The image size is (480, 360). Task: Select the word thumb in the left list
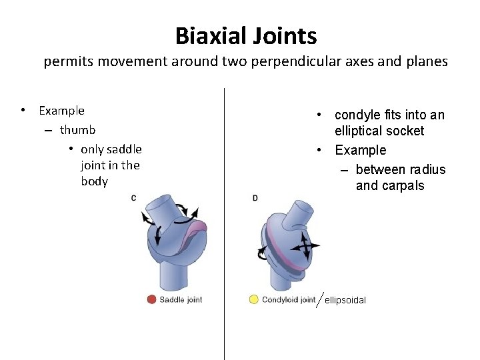77,130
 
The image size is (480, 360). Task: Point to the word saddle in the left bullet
123,149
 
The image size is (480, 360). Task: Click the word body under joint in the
94,181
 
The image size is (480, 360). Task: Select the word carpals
399,185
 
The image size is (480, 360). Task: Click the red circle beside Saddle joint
152,299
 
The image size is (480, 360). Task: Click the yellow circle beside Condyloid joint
253,299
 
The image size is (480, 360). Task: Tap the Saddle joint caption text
181,300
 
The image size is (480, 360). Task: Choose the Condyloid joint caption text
289,300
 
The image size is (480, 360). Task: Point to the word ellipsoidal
345,301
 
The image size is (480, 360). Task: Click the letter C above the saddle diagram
134,198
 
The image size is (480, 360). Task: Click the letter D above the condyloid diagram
255,198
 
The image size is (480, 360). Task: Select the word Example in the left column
61,111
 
